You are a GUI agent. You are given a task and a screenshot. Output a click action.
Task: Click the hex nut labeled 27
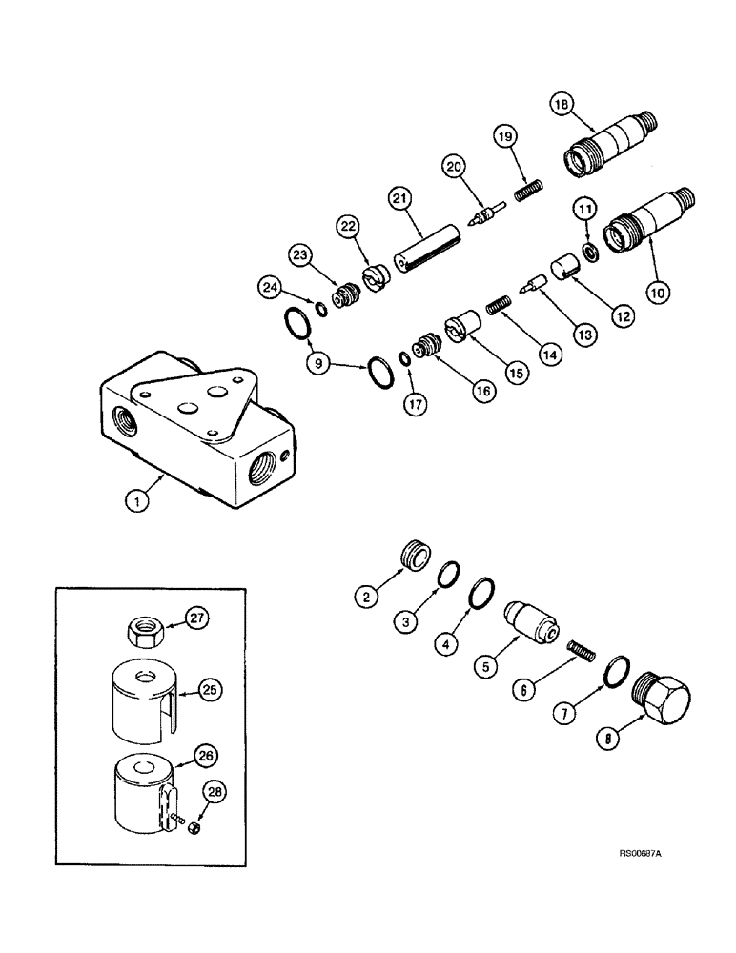(141, 630)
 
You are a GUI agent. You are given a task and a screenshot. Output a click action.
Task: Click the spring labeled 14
(494, 307)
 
